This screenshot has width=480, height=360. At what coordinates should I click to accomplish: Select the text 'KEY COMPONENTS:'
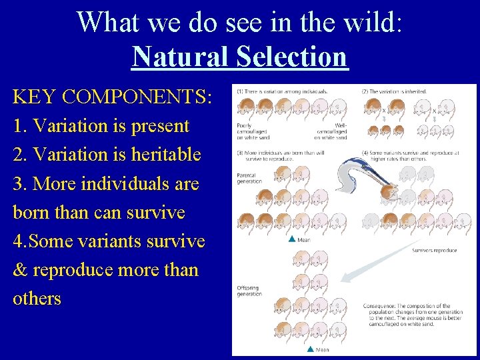click(x=112, y=97)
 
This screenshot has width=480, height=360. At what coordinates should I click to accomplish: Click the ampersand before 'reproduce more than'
click(x=21, y=269)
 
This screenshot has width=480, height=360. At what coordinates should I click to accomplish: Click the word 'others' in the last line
click(x=37, y=298)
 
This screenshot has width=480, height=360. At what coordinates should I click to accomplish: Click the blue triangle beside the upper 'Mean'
click(x=291, y=239)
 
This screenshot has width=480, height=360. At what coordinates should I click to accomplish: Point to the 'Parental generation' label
click(x=249, y=178)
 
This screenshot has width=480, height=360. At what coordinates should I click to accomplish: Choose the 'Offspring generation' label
click(x=249, y=291)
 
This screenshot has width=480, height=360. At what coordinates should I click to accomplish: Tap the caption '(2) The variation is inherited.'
click(x=389, y=91)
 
